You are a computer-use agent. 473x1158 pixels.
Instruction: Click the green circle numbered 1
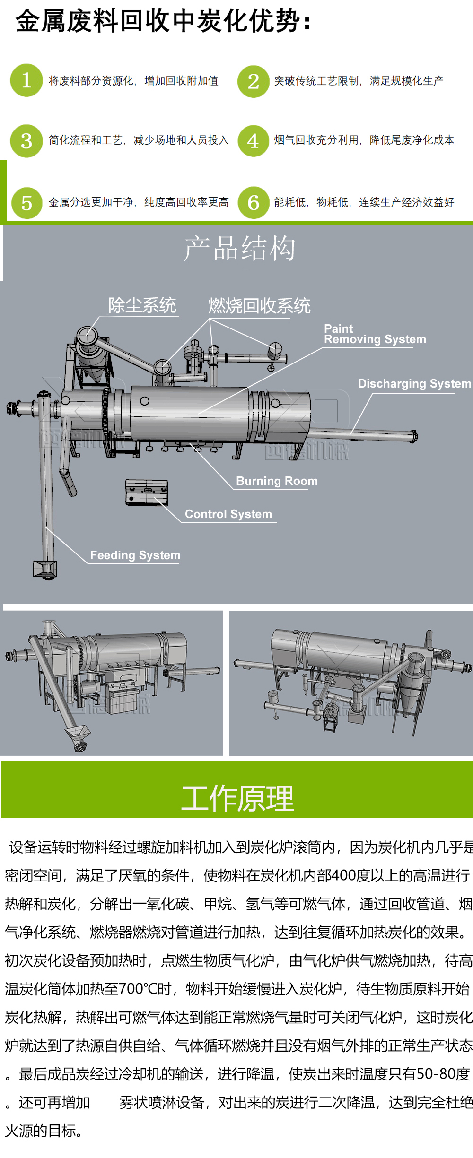pyautogui.click(x=26, y=80)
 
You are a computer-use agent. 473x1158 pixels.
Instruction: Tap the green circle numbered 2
pyautogui.click(x=254, y=81)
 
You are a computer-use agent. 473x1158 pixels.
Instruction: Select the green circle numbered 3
pyautogui.click(x=26, y=141)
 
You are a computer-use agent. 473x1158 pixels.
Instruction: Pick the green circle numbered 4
pyautogui.click(x=254, y=141)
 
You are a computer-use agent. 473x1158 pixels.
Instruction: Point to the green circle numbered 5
pyautogui.click(x=26, y=203)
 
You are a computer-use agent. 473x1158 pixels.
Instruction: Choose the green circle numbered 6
pyautogui.click(x=254, y=203)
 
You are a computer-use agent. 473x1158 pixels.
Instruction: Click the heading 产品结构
pyautogui.click(x=239, y=248)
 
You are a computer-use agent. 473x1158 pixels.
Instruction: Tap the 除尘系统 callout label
pyautogui.click(x=142, y=305)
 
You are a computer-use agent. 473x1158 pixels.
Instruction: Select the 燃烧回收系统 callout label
pyautogui.click(x=259, y=306)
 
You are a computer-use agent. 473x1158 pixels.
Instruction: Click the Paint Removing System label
pyautogui.click(x=374, y=334)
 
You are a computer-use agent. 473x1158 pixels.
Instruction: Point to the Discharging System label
pyautogui.click(x=414, y=383)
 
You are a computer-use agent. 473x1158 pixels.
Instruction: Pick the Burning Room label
pyautogui.click(x=277, y=481)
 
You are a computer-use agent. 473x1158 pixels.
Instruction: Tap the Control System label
pyautogui.click(x=228, y=514)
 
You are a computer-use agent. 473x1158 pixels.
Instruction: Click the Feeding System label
pyautogui.click(x=135, y=555)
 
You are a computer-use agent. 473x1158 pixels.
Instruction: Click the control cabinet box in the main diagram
pyautogui.click(x=147, y=493)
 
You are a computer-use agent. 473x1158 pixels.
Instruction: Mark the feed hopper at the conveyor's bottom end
pyautogui.click(x=45, y=569)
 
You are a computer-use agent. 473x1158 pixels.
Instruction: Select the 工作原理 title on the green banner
pyautogui.click(x=237, y=798)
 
